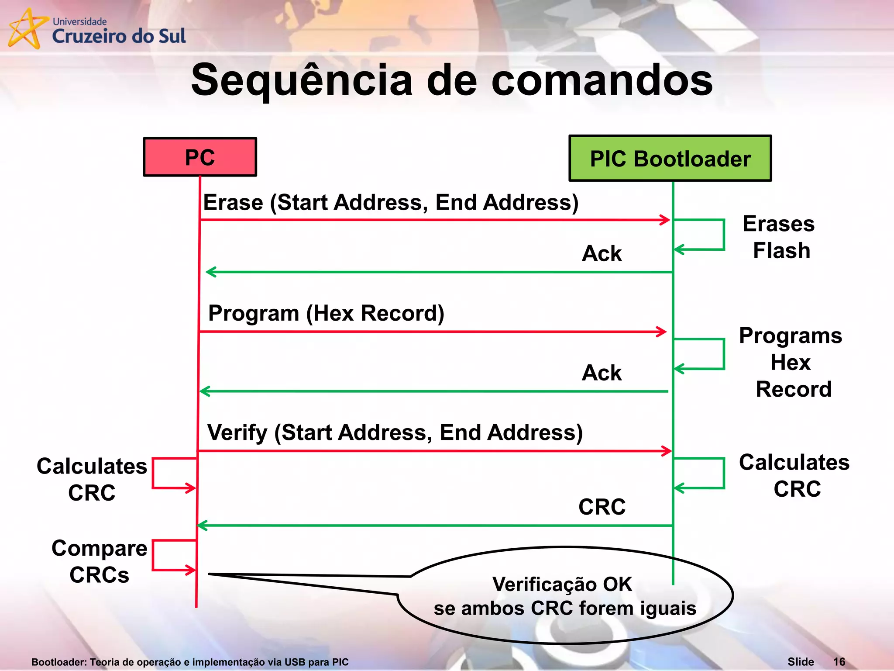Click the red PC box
(x=200, y=157)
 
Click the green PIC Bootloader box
(x=670, y=158)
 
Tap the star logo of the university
(x=26, y=29)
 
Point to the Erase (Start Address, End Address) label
(x=391, y=202)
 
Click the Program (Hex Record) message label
(x=326, y=313)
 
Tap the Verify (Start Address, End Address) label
(x=395, y=432)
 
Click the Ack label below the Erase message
(x=602, y=253)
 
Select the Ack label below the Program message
(x=602, y=373)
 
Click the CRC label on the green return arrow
(x=602, y=507)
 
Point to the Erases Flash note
(x=780, y=237)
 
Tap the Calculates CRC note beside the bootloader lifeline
(x=794, y=475)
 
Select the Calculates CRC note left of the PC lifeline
(x=92, y=479)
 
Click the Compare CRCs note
(x=99, y=561)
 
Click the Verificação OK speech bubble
(x=565, y=596)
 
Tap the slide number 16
(x=839, y=662)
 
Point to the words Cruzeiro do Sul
(x=119, y=36)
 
